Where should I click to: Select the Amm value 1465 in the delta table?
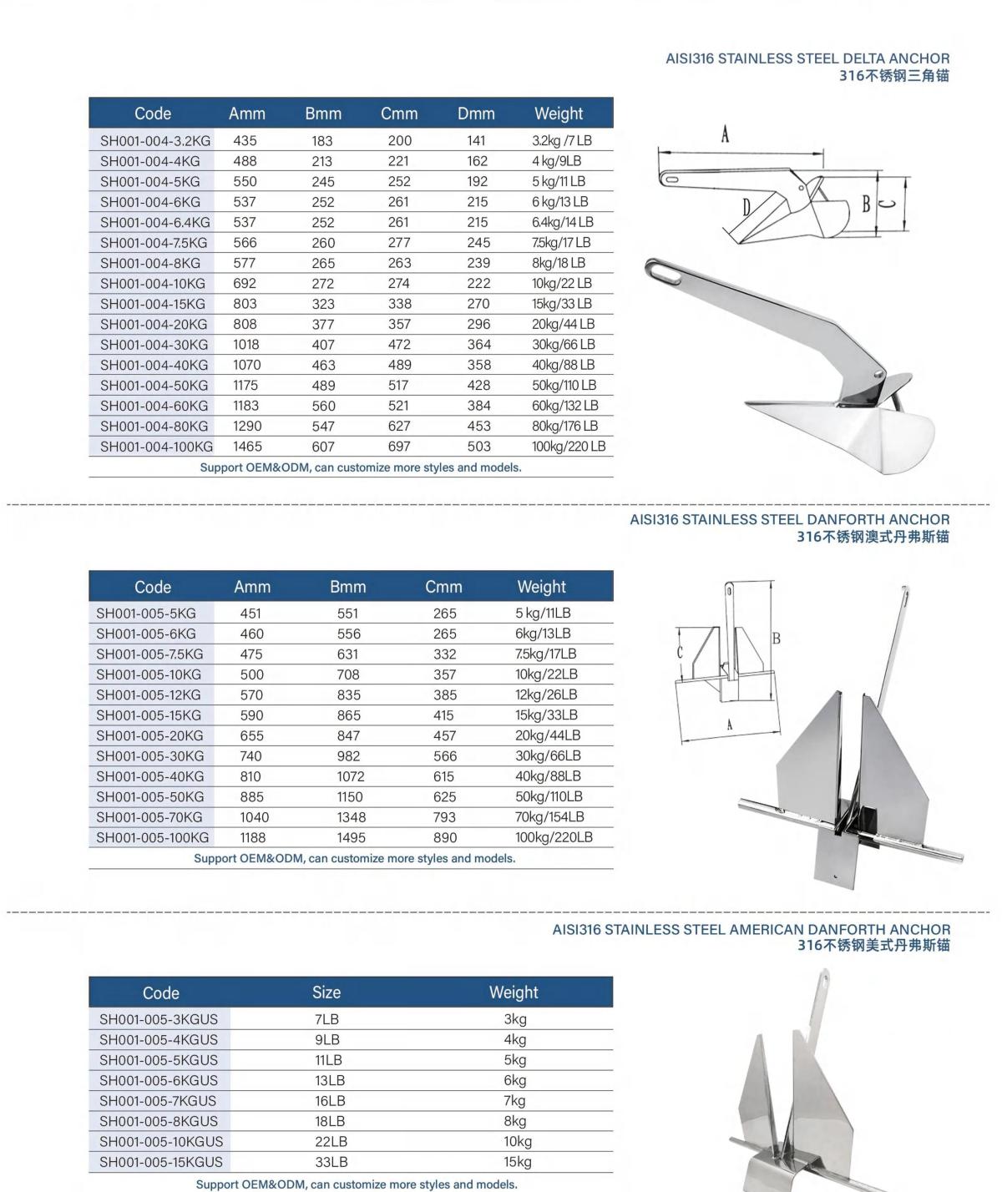click(x=247, y=447)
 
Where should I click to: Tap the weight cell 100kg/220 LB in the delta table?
click(x=568, y=447)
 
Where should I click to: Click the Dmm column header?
click(x=476, y=114)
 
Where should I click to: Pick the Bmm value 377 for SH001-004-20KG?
click(x=323, y=325)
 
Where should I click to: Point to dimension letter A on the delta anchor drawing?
click(x=725, y=134)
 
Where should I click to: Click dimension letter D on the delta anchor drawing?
click(x=747, y=207)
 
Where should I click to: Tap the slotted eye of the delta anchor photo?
click(x=665, y=272)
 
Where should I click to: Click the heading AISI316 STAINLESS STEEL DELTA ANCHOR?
click(x=807, y=59)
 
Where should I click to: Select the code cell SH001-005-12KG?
click(x=149, y=694)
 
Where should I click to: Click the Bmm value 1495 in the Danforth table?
click(x=351, y=837)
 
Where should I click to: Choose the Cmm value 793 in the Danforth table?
click(x=444, y=817)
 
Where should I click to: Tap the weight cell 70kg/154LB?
click(x=549, y=817)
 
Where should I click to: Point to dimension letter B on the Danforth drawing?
click(x=776, y=639)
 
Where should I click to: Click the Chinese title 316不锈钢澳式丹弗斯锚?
click(x=873, y=537)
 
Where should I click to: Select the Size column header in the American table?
click(x=326, y=992)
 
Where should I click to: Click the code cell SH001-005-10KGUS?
click(x=161, y=1141)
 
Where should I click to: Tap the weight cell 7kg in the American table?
click(x=515, y=1101)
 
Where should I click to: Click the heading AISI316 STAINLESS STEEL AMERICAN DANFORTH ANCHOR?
click(x=751, y=929)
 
